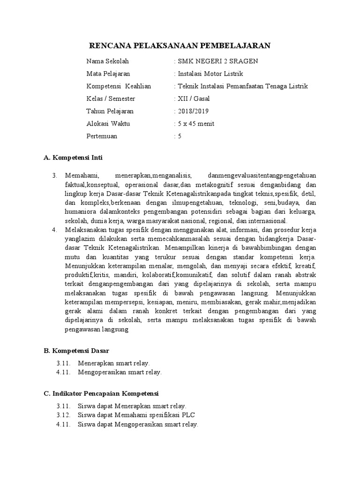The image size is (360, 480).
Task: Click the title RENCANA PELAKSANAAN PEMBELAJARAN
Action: click(x=180, y=45)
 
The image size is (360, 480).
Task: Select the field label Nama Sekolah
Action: click(x=107, y=61)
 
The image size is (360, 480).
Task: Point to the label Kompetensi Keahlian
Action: click(x=118, y=86)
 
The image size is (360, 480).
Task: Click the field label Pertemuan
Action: click(x=102, y=136)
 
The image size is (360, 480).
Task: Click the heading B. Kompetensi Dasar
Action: click(x=77, y=350)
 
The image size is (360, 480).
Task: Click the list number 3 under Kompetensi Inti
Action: click(x=54, y=176)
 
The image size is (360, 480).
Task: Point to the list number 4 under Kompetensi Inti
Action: click(x=54, y=230)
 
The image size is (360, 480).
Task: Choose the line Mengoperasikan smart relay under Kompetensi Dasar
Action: click(x=119, y=372)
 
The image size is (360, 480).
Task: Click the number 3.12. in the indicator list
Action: click(x=63, y=415)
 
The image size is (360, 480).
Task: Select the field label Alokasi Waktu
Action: click(x=108, y=124)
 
